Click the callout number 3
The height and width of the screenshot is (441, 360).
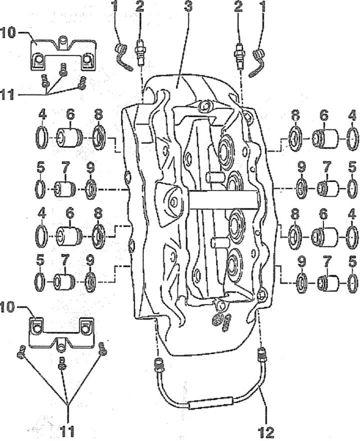[x=188, y=7]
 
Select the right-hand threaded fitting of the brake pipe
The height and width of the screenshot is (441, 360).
[x=262, y=355]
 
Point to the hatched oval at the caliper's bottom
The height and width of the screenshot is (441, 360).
[x=216, y=320]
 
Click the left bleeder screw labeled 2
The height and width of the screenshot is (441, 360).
[x=139, y=53]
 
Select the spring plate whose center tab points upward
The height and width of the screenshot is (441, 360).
[x=63, y=54]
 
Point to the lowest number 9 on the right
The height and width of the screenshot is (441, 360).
[x=301, y=263]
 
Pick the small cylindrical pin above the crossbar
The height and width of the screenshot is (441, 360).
[x=215, y=177]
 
